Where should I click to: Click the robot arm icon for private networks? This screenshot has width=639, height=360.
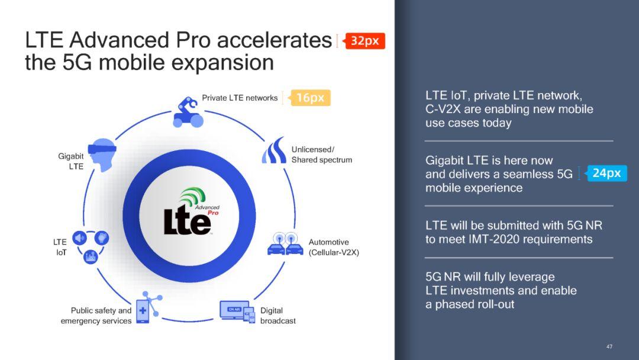point(188,112)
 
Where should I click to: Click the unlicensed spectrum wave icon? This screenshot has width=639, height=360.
point(274,150)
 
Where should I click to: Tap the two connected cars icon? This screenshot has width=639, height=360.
point(285,244)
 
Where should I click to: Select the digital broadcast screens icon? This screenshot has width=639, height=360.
point(237,312)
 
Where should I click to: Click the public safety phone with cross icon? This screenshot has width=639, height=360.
point(149,307)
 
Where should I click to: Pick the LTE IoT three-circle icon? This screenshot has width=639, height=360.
point(91,247)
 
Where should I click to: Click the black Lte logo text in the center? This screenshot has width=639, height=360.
point(187,220)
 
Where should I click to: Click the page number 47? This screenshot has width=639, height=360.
point(609,346)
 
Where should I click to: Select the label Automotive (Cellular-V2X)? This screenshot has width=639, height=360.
point(334,247)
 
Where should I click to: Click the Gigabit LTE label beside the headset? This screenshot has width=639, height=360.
point(71,161)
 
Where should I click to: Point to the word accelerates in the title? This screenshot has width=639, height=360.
point(275,40)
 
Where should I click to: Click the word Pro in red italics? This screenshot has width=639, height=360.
point(213,213)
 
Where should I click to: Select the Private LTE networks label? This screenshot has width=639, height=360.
point(240,98)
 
